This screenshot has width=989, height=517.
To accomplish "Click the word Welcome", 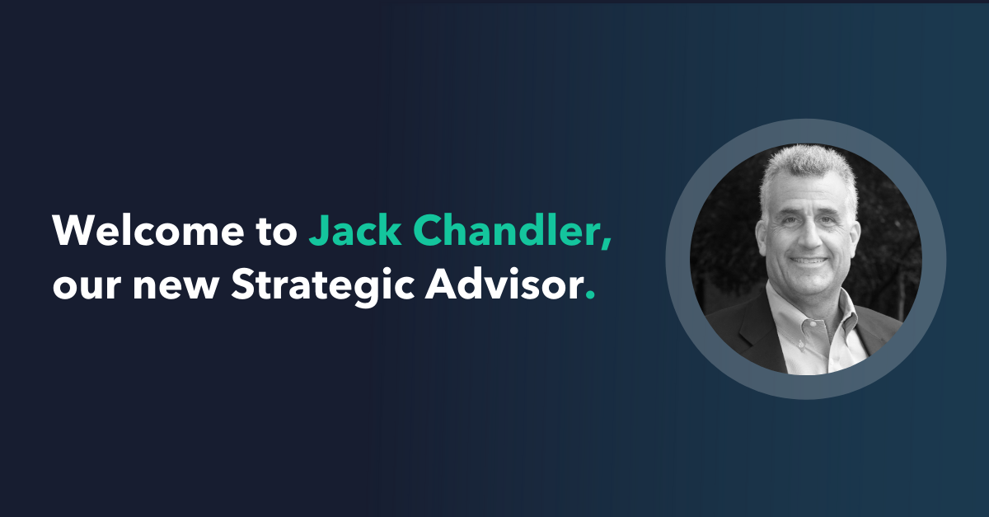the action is (x=148, y=230).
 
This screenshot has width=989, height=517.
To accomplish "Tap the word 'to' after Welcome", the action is (x=277, y=232).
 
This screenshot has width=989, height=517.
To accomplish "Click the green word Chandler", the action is (x=505, y=230).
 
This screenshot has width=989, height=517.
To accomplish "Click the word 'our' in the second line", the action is (x=87, y=287).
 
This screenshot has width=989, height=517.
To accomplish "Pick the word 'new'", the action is (x=176, y=287).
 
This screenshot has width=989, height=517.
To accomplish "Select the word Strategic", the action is (x=323, y=286).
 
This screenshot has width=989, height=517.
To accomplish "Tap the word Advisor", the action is (x=504, y=284).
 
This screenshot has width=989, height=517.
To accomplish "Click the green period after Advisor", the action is (x=590, y=295).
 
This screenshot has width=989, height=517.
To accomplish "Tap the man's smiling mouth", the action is (x=809, y=261).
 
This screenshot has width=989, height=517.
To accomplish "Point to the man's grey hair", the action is (x=808, y=168).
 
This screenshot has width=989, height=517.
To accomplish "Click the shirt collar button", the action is (x=800, y=344).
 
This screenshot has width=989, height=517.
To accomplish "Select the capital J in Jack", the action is (x=317, y=231).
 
